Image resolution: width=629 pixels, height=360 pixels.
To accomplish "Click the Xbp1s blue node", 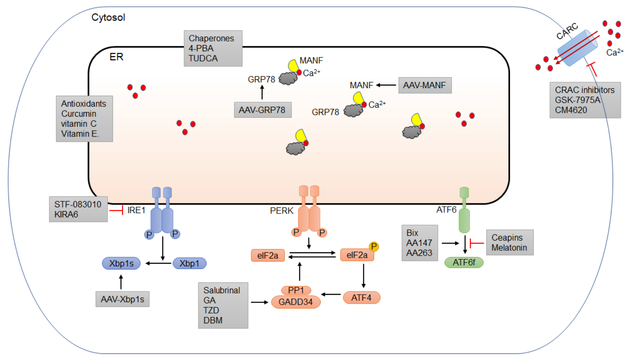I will [121, 263].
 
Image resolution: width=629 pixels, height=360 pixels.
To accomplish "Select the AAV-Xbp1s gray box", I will [123, 299].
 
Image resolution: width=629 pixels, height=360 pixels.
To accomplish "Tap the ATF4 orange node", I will [361, 298].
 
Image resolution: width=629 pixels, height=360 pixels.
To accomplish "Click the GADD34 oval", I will [296, 302].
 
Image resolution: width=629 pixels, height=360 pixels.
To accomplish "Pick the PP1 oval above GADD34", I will [296, 290].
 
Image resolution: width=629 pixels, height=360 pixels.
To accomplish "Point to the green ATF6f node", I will [464, 262].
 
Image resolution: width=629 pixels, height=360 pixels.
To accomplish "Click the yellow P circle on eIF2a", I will [374, 246].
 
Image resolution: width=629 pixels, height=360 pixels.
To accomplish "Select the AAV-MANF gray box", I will [425, 85].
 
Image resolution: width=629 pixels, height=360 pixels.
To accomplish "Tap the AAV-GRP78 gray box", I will [262, 110].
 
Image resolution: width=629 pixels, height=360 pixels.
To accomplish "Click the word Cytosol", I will [108, 17].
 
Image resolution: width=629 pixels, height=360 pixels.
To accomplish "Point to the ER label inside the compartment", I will [116, 57].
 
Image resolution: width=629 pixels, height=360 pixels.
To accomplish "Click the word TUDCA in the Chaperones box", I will [203, 58].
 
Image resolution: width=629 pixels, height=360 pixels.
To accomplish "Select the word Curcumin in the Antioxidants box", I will [79, 114].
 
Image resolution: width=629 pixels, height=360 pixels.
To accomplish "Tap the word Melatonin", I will [509, 248].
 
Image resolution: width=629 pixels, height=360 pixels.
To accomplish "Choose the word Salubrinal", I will [222, 290].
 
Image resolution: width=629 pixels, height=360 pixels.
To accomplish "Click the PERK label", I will [281, 211].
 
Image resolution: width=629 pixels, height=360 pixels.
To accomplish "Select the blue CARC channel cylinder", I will [577, 48].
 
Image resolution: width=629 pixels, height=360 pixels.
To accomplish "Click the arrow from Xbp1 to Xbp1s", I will [158, 263].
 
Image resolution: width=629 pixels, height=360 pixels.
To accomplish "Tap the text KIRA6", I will [66, 214].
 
